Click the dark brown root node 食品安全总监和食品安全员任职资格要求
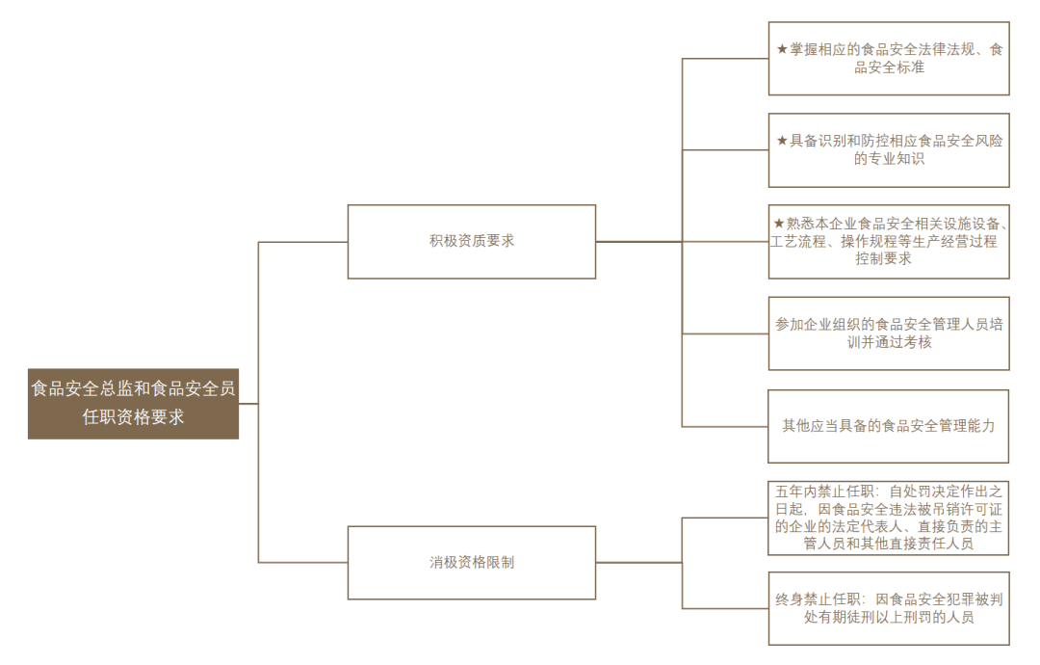point(133,404)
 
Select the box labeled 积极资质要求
point(472,242)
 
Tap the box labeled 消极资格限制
point(472,563)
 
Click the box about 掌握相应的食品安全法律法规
point(889,59)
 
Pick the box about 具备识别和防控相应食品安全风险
point(889,150)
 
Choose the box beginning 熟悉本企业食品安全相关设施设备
point(889,242)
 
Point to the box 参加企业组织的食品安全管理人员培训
point(889,333)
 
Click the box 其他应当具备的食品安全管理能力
point(888,426)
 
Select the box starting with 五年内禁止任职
point(888,519)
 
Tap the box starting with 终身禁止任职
point(889,608)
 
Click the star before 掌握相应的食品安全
point(782,49)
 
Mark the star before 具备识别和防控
point(782,141)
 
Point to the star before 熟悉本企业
point(779,224)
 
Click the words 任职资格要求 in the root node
point(133,416)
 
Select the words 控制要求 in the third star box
point(883,259)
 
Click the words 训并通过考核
point(890,342)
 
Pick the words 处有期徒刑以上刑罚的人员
point(889,617)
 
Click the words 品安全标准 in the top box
point(889,67)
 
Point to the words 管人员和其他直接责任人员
point(889,544)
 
